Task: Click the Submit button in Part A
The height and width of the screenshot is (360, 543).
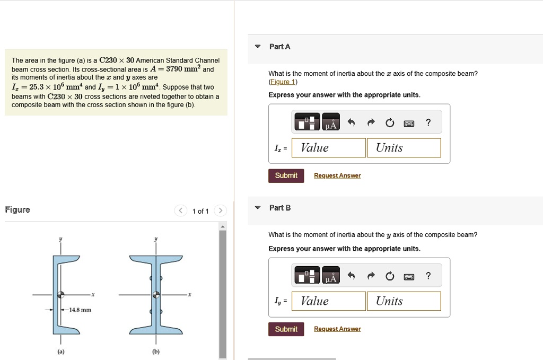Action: coord(286,175)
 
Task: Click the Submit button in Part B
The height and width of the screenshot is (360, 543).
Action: coord(286,329)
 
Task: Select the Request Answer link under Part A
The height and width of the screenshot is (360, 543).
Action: coord(337,175)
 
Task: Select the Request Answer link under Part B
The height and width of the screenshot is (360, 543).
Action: coord(337,329)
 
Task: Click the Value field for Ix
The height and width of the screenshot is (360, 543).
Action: coord(329,148)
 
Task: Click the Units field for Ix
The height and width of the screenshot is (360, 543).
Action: coord(404,148)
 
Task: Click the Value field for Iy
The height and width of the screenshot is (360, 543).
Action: coord(329,301)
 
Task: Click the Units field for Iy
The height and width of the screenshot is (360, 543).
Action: coord(404,301)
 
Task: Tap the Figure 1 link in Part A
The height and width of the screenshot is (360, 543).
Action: coord(283,82)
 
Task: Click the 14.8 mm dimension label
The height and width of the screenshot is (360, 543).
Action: coord(80,310)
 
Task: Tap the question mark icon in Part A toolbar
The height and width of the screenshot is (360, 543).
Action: coord(428,123)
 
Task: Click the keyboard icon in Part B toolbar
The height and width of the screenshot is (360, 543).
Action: coord(409,277)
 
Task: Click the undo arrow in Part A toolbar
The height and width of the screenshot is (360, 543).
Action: coord(351,123)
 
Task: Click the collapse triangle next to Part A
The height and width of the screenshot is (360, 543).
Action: coord(257,47)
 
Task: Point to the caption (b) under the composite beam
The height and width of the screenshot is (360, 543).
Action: coord(156,351)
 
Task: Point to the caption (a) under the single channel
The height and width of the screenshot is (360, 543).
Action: coord(61,351)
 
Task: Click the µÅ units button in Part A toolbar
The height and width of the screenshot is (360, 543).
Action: coord(331,123)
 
